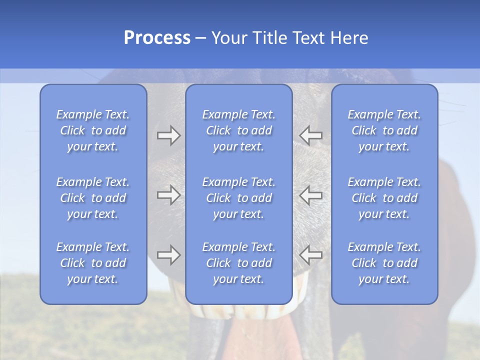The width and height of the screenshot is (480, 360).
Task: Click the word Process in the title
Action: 157,38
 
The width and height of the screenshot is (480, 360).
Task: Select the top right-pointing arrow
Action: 168,135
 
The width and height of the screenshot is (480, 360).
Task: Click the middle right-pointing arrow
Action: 168,195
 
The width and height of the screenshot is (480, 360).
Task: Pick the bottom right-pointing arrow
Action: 168,255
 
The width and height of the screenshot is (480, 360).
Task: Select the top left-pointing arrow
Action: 310,135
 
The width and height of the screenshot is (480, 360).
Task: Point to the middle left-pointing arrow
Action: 310,195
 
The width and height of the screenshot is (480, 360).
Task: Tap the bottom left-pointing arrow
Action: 310,255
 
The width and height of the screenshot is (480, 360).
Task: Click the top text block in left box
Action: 93,130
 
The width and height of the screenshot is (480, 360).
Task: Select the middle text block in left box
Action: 93,198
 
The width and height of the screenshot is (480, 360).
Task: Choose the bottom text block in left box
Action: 93,263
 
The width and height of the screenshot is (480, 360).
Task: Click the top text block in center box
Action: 239,130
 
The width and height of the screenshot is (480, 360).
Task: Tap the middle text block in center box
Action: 239,198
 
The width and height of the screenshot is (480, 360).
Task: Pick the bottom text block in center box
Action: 239,263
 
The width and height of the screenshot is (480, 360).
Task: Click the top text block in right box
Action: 384,130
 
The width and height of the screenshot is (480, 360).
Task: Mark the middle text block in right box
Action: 384,198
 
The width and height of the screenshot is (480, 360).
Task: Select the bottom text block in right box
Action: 384,263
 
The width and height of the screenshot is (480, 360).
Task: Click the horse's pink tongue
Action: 270,340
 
